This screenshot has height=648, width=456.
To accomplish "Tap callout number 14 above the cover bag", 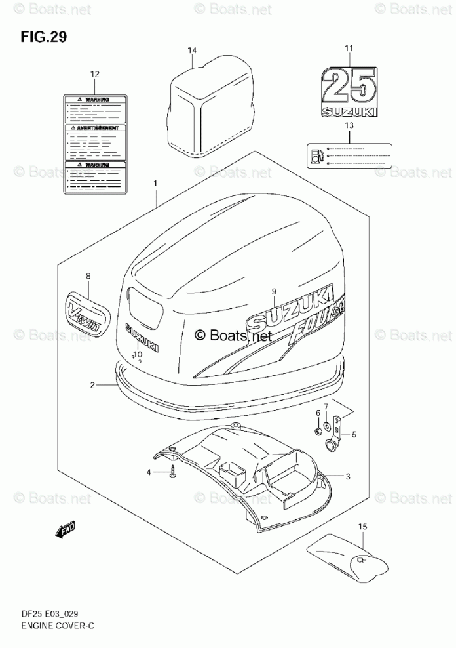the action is coord(191,51).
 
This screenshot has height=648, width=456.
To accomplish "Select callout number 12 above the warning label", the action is coord(95,75).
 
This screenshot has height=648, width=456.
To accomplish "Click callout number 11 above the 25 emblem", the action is coord(349,48).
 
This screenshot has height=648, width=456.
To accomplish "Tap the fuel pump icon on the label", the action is coord(317,155).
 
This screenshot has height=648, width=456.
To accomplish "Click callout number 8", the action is coord(88,277).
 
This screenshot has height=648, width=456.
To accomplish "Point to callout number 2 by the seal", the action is coord(92,386).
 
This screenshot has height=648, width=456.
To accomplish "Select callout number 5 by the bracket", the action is coord(354,434).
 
